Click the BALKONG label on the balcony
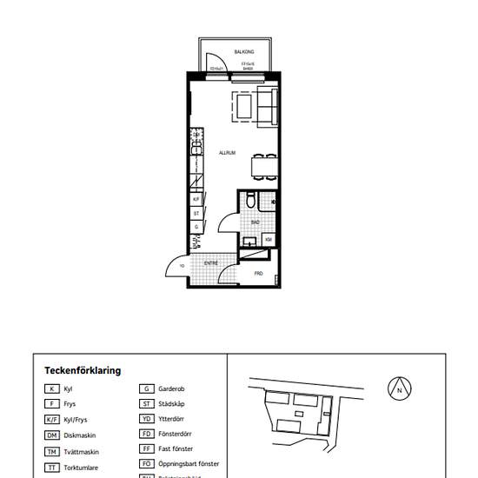click(x=232, y=52)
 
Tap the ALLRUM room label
click(x=228, y=152)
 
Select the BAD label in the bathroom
click(x=255, y=222)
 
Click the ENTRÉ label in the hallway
click(x=210, y=262)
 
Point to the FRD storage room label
click(x=258, y=273)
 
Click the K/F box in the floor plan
click(x=197, y=199)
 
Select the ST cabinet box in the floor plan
click(x=197, y=213)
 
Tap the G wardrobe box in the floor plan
click(x=197, y=227)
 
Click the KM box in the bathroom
click(x=269, y=239)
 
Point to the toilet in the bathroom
click(x=250, y=201)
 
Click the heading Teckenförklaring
click(x=83, y=370)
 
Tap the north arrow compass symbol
click(x=399, y=389)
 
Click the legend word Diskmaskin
click(x=80, y=435)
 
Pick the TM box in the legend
click(x=52, y=452)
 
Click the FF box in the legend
click(x=146, y=448)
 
